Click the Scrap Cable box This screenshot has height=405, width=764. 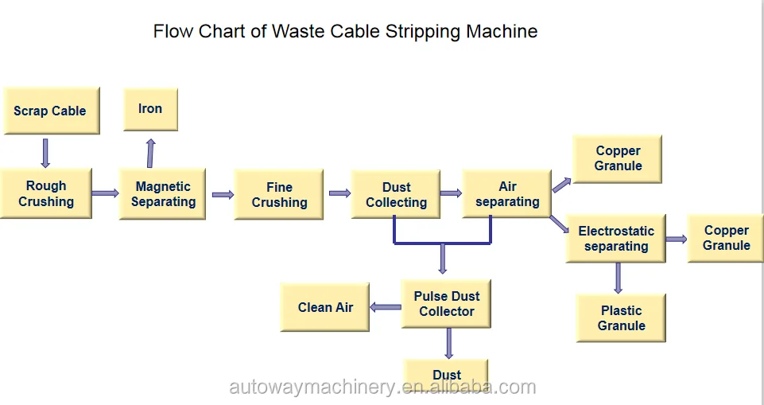pyautogui.click(x=50, y=111)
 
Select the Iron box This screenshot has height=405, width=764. pyautogui.click(x=150, y=109)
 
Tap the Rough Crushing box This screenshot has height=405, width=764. pyautogui.click(x=46, y=193)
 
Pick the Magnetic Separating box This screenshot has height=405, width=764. pyautogui.click(x=163, y=194)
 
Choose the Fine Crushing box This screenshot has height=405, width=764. pyautogui.click(x=279, y=195)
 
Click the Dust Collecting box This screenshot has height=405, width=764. pyautogui.click(x=396, y=195)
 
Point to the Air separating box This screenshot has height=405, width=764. pyautogui.click(x=507, y=194)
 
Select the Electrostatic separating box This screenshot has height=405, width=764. pyautogui.click(x=616, y=239)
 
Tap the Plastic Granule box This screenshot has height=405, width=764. pyautogui.click(x=621, y=318)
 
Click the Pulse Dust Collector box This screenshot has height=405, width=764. pyautogui.click(x=447, y=304)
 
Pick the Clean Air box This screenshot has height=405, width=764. pyautogui.click(x=325, y=308)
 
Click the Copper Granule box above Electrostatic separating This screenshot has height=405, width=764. pyautogui.click(x=618, y=158)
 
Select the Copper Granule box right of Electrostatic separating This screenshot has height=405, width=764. pyautogui.click(x=726, y=238)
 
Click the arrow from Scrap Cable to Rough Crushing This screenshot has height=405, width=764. pyautogui.click(x=45, y=152)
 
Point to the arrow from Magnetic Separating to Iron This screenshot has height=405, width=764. pyautogui.click(x=150, y=151)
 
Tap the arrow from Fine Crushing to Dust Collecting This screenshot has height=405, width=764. pyautogui.click(x=339, y=193)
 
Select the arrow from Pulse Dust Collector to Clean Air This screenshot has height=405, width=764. pyautogui.click(x=387, y=307)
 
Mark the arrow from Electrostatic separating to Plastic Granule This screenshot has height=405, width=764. pyautogui.click(x=618, y=278)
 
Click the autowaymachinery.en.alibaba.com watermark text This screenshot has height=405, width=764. pyautogui.click(x=382, y=387)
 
